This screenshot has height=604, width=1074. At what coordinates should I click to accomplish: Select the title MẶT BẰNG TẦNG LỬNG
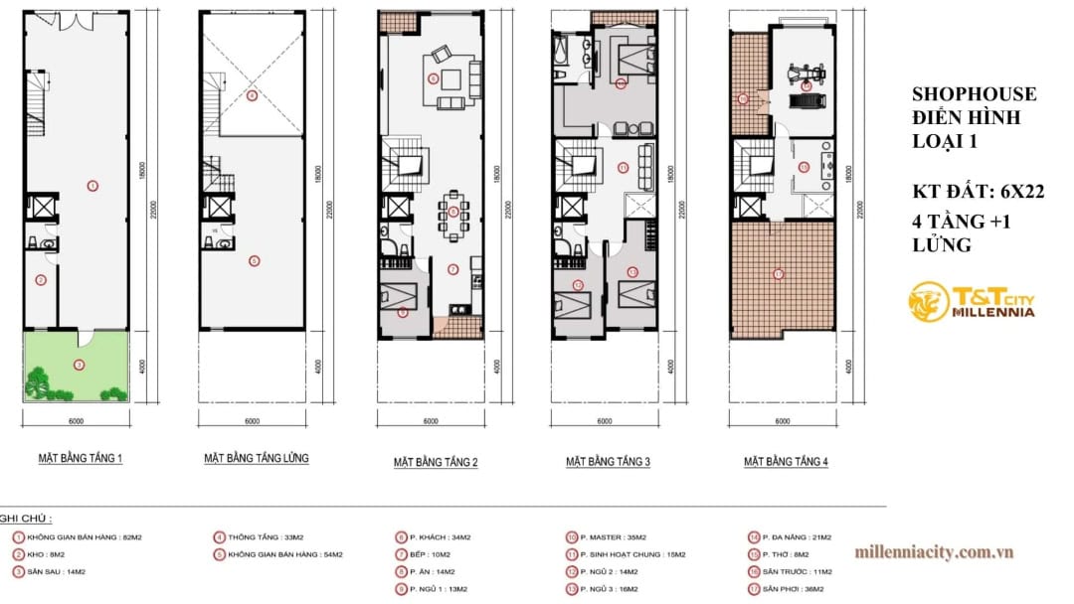(257, 459)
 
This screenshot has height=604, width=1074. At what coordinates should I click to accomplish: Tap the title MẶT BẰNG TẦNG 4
(786, 462)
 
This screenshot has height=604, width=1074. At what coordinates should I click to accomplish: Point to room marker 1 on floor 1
(92, 185)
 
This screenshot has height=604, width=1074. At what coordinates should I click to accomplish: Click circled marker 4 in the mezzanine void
(253, 96)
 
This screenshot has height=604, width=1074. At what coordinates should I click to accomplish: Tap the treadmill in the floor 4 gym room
(806, 97)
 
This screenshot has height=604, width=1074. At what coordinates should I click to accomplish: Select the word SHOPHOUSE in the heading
(974, 94)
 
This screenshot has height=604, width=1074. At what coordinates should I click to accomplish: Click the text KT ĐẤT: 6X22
(978, 193)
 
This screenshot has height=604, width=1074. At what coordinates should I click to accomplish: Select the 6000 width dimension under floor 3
(604, 420)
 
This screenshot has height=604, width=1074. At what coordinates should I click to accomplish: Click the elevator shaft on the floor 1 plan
(42, 208)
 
